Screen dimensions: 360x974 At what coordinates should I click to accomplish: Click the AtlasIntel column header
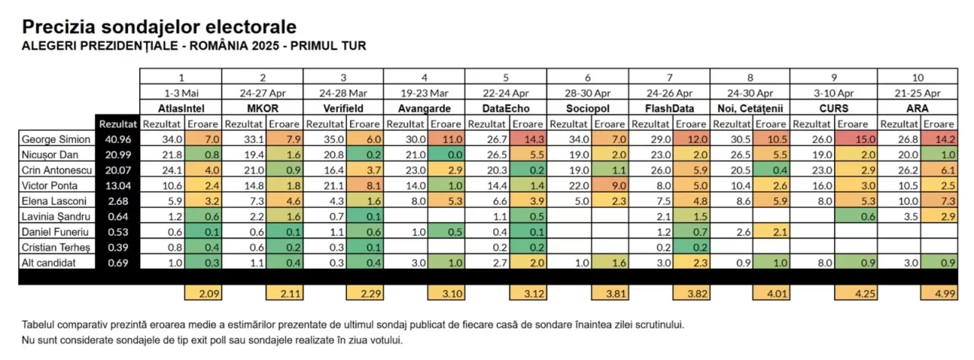coord(180,109)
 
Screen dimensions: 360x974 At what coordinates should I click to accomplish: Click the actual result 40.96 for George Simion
coord(118,139)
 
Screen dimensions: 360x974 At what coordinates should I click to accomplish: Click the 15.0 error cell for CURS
coord(856,139)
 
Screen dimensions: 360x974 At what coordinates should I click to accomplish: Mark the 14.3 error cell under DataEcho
coord(527,139)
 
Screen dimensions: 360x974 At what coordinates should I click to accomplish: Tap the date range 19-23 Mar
coord(425,94)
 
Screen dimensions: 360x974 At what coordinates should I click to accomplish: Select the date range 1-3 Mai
coord(180,94)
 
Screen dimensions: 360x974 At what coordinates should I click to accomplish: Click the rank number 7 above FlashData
coord(670,78)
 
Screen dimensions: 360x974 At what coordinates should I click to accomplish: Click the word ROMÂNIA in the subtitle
coord(231,46)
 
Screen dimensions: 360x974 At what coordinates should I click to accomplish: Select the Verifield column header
coord(344,109)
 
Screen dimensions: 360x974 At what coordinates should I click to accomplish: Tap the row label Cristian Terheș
coord(54,247)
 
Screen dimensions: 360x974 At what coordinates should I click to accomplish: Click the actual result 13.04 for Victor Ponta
coord(118,186)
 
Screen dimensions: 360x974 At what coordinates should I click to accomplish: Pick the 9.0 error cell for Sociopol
coord(608,186)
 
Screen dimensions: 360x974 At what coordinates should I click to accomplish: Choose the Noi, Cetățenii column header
coord(750,109)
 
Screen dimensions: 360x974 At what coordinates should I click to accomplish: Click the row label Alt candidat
coord(49,263)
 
